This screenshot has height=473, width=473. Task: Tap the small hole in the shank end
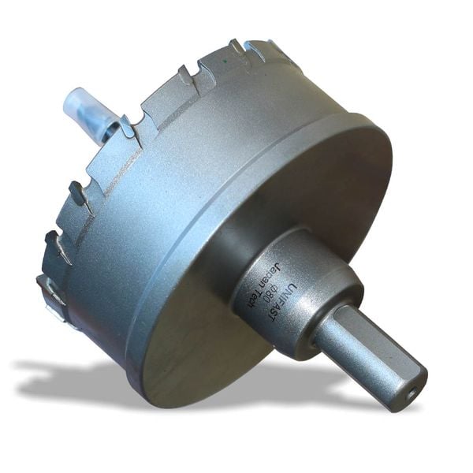point(411,388)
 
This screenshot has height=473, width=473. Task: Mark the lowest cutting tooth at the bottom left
point(50,292)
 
